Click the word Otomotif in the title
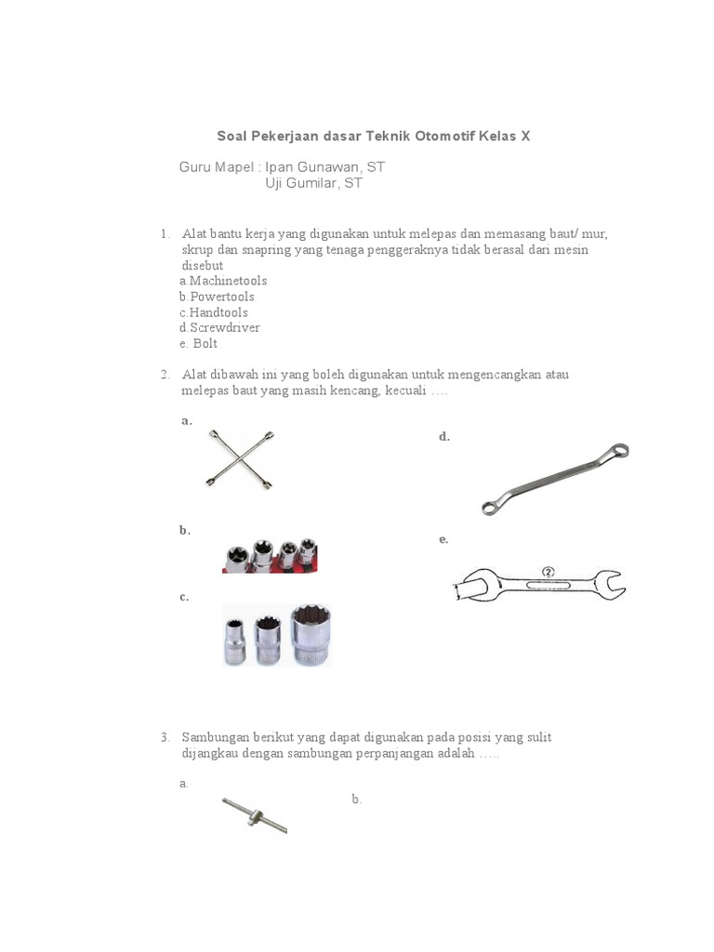coord(443,136)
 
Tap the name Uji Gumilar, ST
coord(313,183)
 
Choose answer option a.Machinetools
coord(223,281)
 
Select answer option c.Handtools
coord(214,312)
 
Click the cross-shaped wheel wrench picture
coord(240,459)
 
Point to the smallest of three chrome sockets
coord(234,642)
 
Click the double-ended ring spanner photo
coord(555,479)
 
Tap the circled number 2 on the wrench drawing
coord(548,573)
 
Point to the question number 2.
coord(164,375)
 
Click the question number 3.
coord(164,737)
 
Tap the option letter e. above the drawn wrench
coord(443,539)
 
